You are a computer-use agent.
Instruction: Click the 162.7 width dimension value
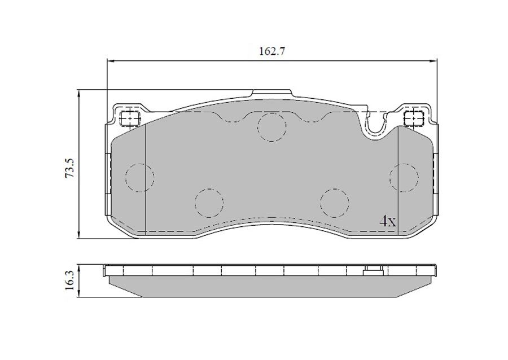pos(271,51)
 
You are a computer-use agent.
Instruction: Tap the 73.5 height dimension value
pos(70,168)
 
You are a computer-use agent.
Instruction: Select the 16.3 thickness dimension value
pos(70,280)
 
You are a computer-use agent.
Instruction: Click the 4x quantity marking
pos(387,221)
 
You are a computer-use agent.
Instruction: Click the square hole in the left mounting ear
pos(129,118)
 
